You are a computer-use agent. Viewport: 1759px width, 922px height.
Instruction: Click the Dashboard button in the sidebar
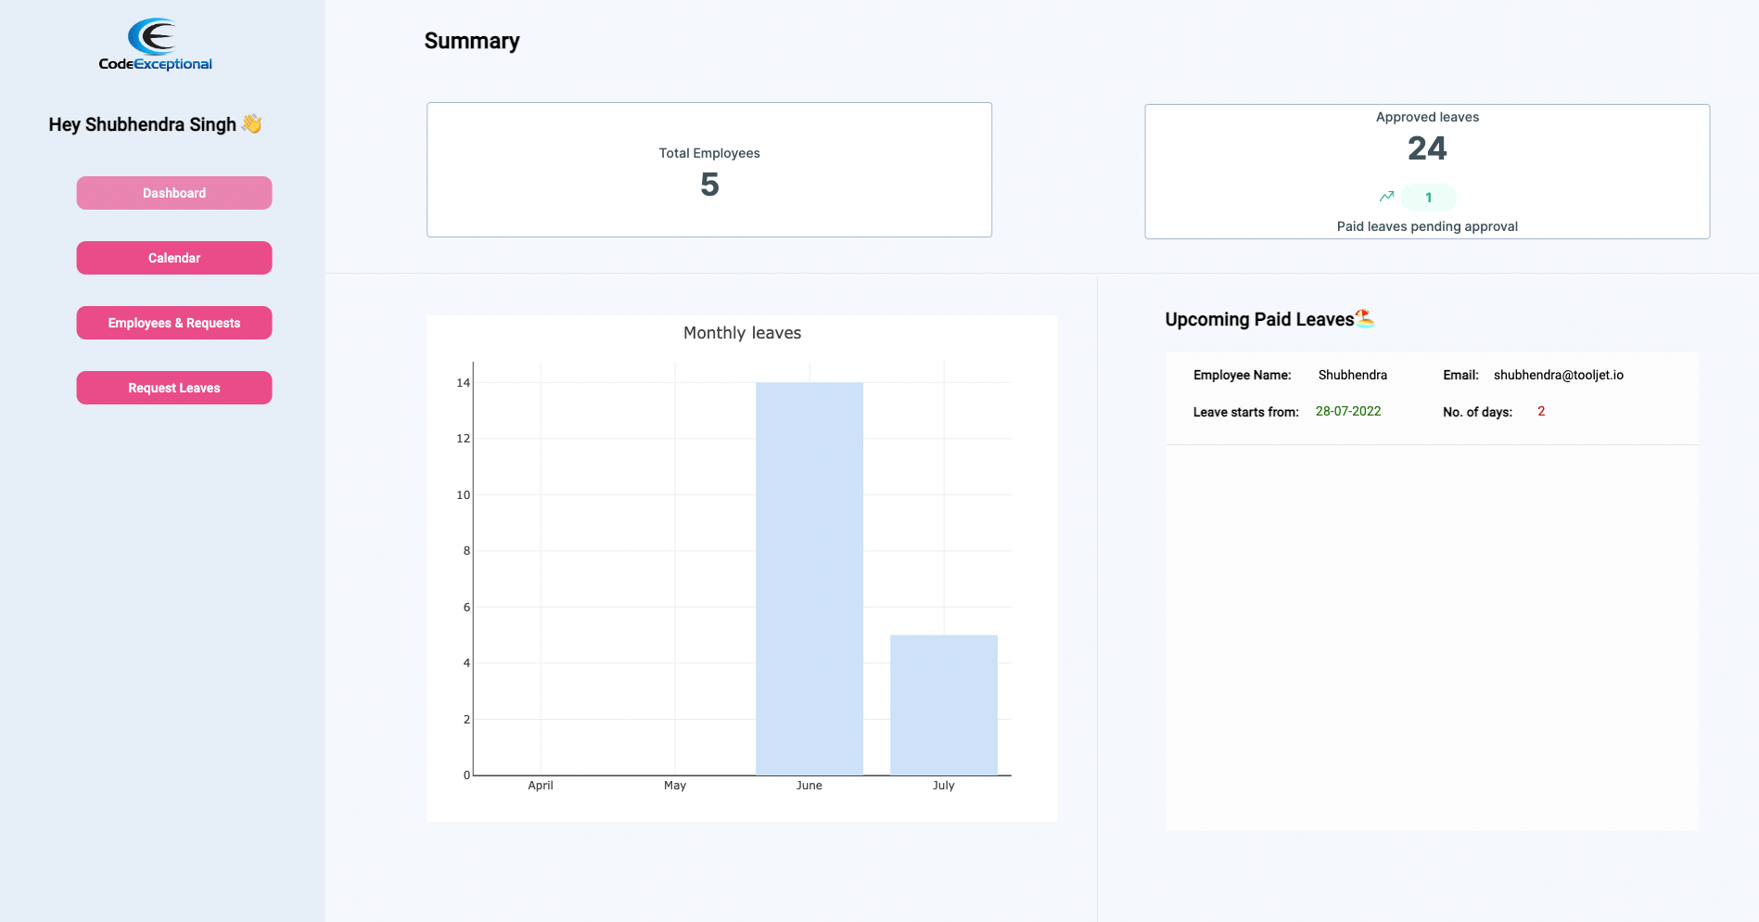(x=174, y=193)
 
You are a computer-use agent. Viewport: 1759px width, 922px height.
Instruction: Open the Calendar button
(x=174, y=258)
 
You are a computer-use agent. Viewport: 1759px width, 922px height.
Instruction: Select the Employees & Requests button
(x=174, y=323)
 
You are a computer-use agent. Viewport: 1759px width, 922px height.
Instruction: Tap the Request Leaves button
(x=174, y=388)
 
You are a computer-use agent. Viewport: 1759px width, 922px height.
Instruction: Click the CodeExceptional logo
(x=155, y=45)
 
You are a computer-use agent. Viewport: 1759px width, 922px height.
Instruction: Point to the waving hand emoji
(x=251, y=123)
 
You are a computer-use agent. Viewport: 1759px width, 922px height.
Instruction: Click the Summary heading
(x=472, y=41)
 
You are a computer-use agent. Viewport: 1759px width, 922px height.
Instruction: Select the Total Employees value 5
(x=709, y=185)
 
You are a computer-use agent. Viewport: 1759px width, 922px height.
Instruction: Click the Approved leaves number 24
(x=1427, y=148)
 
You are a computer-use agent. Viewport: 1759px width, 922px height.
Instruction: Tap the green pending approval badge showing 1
(x=1429, y=198)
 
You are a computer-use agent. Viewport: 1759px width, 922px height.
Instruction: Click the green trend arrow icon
(x=1386, y=197)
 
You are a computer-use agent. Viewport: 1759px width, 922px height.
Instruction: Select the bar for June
(x=809, y=578)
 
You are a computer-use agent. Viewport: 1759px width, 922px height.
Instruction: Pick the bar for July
(x=943, y=705)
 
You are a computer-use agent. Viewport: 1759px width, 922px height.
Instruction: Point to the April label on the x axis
(x=541, y=786)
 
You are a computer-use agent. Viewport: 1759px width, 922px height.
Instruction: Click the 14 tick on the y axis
(x=463, y=383)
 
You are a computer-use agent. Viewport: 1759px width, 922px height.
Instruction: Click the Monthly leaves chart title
(x=742, y=333)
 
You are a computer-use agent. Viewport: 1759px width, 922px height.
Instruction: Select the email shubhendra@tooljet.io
(x=1558, y=375)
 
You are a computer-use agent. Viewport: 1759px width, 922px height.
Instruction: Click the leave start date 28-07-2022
(x=1348, y=411)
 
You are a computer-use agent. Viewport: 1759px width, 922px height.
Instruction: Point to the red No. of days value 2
(x=1541, y=411)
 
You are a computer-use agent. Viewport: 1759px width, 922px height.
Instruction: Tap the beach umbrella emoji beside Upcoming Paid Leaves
(x=1364, y=318)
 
